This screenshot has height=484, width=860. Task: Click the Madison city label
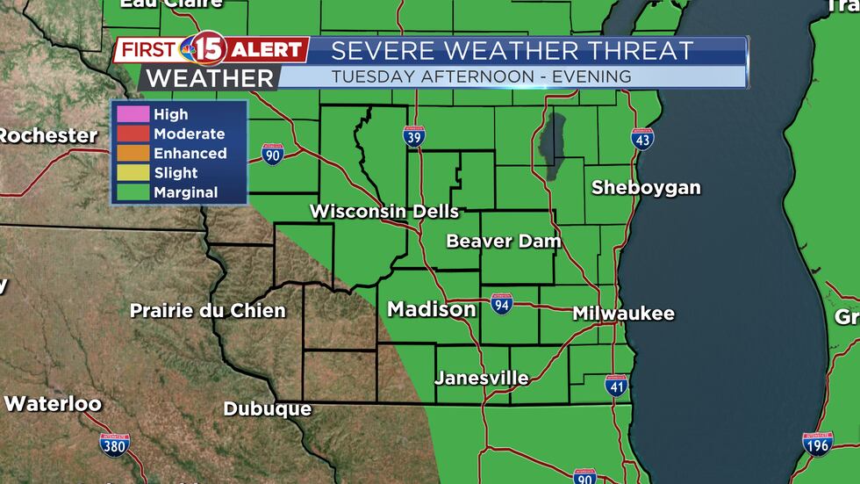click(432, 309)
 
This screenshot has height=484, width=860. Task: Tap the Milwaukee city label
click(623, 314)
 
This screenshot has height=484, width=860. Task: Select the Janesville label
click(482, 379)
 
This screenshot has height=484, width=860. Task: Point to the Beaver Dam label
click(503, 241)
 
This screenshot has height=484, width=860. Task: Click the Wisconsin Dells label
click(384, 212)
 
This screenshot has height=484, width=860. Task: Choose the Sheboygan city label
click(646, 187)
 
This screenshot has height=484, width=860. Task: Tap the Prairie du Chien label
click(207, 311)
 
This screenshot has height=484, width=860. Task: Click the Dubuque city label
click(268, 408)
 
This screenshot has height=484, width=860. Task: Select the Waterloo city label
click(53, 404)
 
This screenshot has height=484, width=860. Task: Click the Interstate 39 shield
click(415, 137)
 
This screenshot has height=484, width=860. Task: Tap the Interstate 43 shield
click(642, 139)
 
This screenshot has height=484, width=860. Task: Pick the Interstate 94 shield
click(502, 304)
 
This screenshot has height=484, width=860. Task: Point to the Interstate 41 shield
click(616, 385)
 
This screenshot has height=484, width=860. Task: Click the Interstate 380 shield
click(115, 444)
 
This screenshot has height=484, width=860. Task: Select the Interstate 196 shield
click(817, 444)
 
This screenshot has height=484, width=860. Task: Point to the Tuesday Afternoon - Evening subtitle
click(481, 76)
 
